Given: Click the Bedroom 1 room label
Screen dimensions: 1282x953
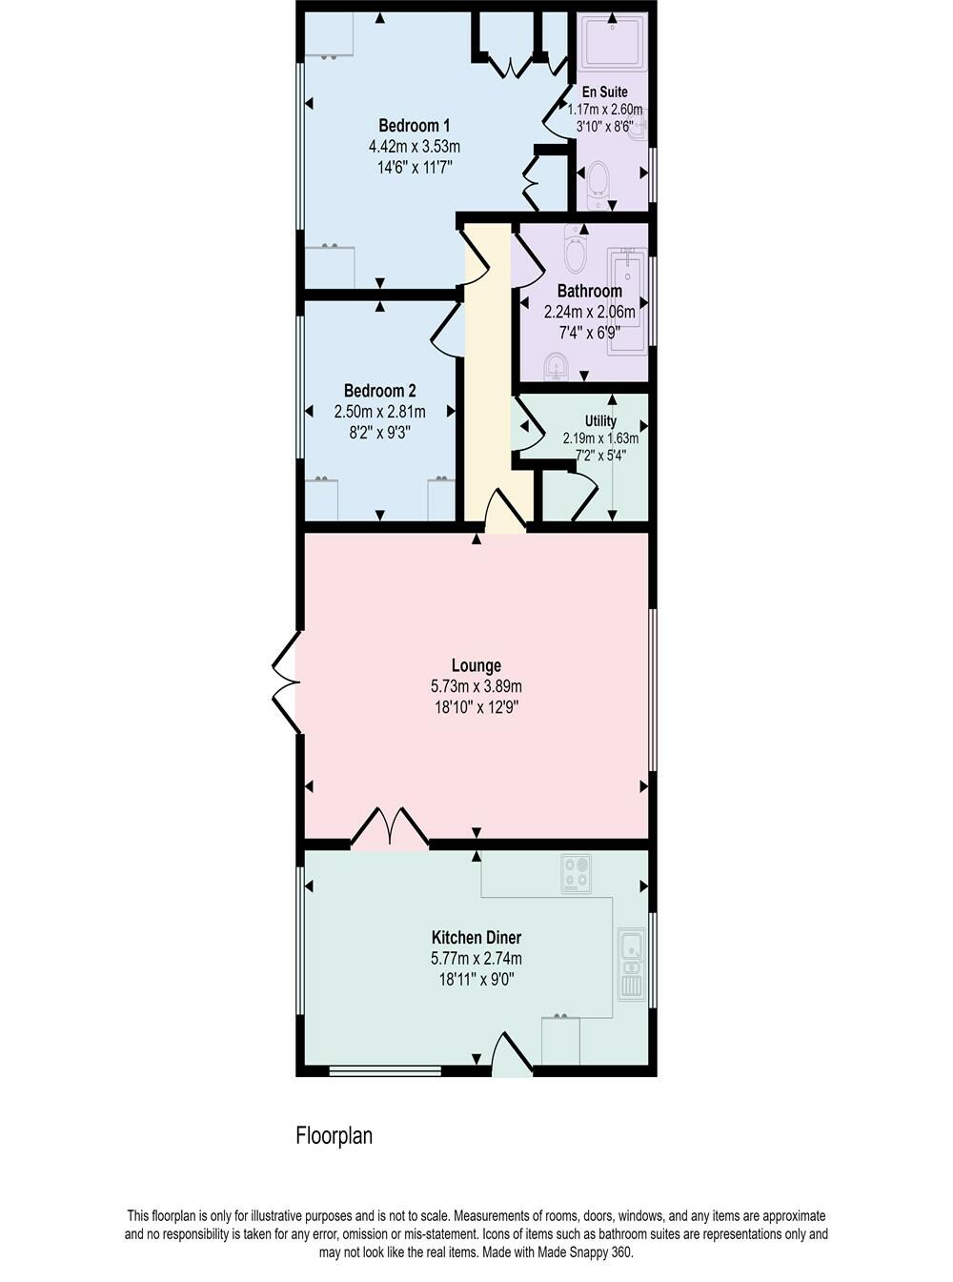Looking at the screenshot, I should coord(414,126).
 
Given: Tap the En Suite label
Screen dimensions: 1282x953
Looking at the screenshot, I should coord(605,92).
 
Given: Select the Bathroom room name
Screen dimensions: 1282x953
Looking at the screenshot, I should coord(589,291).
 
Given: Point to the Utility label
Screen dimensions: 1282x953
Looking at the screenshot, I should coord(600,420).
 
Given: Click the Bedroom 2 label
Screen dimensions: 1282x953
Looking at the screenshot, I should coord(379,391).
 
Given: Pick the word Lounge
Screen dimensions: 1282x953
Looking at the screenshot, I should coord(476,665).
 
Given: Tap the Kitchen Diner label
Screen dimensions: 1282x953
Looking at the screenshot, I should coord(476,938).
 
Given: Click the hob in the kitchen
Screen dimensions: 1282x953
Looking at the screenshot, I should coord(576,873).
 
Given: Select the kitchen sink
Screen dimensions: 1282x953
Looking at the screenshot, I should coord(631,947).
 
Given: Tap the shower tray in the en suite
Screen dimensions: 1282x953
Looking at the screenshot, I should coord(612,42).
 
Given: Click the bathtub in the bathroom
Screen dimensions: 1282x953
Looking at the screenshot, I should coord(628,300).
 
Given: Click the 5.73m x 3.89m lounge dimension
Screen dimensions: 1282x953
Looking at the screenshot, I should coord(476,686).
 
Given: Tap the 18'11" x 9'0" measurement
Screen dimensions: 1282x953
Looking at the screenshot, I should coord(476,979).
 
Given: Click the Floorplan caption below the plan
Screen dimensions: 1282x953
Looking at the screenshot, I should coord(334,1136).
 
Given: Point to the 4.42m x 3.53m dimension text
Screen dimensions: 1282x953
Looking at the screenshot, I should coord(414,147).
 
